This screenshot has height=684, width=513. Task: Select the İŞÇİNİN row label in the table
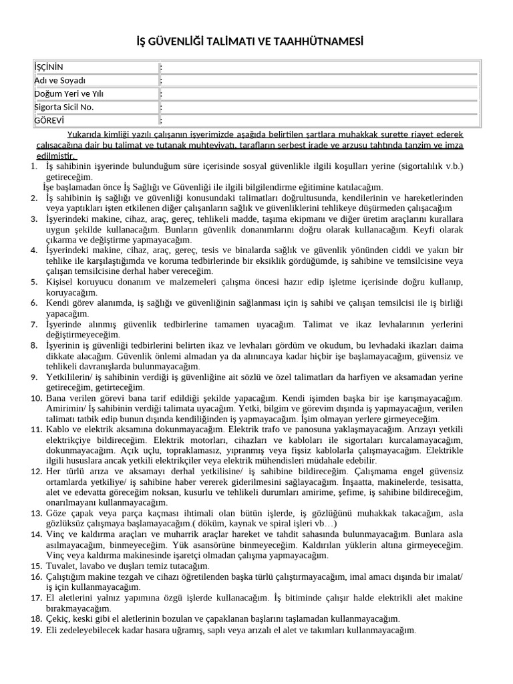49,67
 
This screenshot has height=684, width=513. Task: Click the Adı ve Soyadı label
60,80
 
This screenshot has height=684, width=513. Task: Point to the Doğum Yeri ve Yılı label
69,94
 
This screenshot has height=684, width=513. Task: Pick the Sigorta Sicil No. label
64,107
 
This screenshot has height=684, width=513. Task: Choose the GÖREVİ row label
49,120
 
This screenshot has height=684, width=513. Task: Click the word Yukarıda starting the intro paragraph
87,133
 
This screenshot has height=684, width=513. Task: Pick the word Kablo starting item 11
57,428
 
